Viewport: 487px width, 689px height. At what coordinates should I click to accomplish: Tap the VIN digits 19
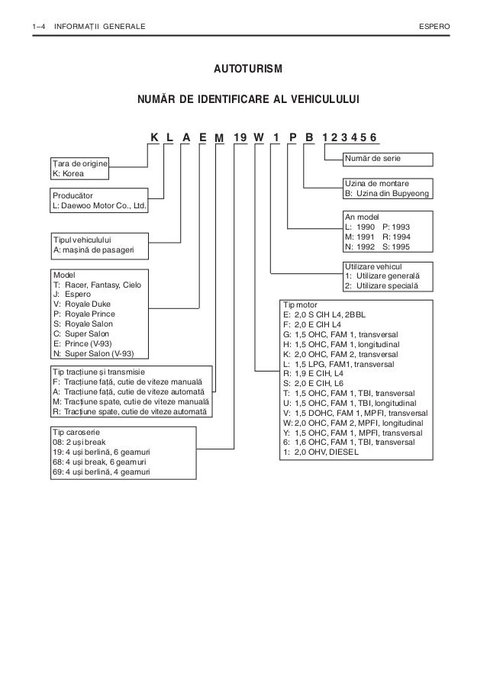point(240,137)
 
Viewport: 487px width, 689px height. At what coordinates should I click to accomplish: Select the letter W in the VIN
point(259,137)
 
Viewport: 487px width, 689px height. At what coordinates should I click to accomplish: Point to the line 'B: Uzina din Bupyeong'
point(388,195)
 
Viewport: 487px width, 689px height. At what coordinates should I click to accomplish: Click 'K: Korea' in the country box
point(68,173)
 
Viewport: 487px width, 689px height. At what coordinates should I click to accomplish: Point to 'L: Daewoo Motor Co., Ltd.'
point(98,207)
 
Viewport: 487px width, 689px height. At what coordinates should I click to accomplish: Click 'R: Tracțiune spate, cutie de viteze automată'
point(129,411)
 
